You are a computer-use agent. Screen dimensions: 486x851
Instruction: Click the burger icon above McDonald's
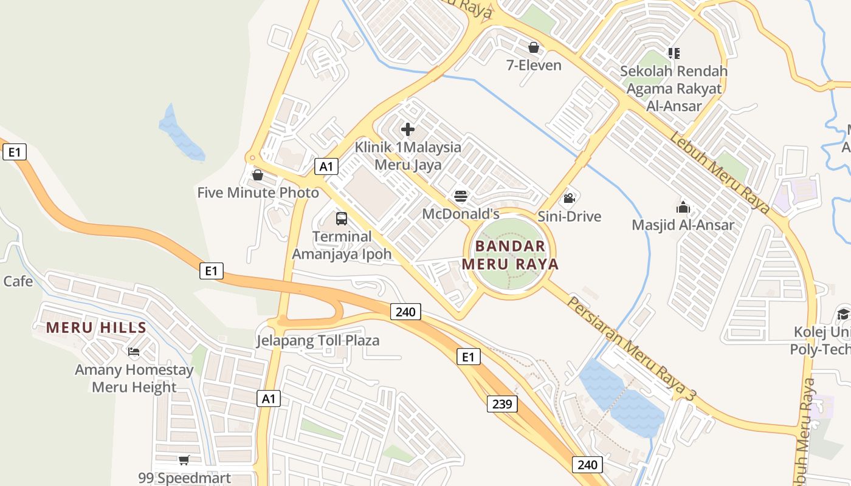(461, 196)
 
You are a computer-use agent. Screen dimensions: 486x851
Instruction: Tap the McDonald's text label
(461, 214)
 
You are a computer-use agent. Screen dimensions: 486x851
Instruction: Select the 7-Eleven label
(534, 65)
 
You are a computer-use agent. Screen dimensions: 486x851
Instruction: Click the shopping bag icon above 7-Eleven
(534, 47)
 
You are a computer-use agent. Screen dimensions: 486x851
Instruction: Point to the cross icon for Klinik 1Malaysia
(408, 129)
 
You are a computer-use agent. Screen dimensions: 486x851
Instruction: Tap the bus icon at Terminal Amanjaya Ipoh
(342, 219)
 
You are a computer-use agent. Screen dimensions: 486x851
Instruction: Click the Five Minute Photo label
(258, 193)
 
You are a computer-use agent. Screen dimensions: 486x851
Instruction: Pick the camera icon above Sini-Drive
(569, 199)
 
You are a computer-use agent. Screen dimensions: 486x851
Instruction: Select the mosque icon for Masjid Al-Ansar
(683, 207)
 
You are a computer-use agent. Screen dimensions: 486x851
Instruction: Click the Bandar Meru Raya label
(511, 255)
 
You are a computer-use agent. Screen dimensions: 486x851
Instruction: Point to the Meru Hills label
(96, 328)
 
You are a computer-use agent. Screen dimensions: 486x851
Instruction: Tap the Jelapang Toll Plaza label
(318, 340)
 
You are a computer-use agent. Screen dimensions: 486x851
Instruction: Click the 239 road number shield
(502, 403)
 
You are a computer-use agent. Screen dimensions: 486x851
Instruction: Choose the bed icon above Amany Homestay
(134, 352)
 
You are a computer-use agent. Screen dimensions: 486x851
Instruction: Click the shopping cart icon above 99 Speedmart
(184, 460)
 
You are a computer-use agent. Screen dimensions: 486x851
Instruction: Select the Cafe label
(18, 281)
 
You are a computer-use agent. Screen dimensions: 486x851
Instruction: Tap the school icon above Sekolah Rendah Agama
(674, 53)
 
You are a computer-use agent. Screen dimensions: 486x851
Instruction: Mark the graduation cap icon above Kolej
(842, 314)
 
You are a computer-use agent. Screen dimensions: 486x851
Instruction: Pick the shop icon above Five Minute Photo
(258, 176)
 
